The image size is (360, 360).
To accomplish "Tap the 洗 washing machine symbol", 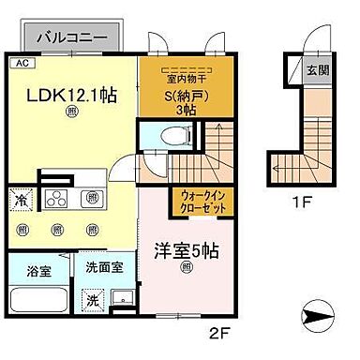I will [93, 302].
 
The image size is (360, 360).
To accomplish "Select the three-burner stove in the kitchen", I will [55, 199].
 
